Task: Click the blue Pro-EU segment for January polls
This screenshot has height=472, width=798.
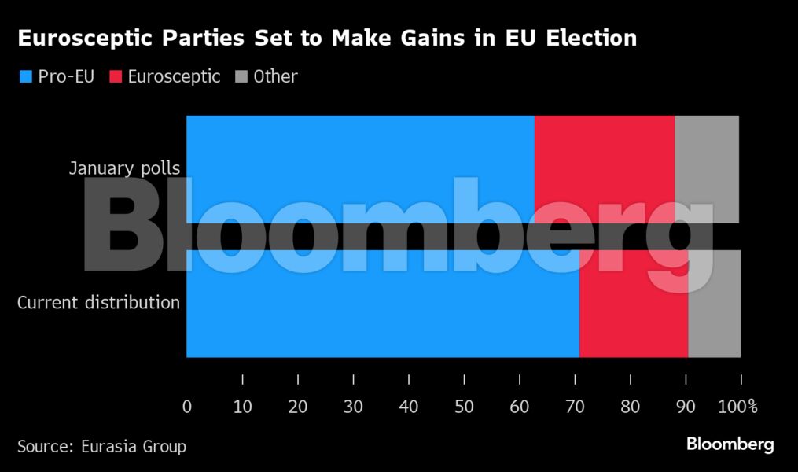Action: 360,149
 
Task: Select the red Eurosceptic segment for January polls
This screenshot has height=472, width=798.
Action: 604,149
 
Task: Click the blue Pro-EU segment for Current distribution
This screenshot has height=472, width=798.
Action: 382,323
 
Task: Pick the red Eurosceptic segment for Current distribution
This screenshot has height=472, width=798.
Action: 633,323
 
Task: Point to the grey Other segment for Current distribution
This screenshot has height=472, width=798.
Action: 714,323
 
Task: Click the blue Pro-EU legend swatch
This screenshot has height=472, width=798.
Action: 25,77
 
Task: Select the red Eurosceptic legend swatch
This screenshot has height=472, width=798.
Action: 115,77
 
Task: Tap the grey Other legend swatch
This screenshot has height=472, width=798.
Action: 241,77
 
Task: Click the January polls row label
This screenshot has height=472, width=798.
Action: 124,168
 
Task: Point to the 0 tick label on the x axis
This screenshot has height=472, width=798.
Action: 187,407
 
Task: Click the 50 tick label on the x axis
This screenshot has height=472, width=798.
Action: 464,407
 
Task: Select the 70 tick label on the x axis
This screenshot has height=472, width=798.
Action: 575,407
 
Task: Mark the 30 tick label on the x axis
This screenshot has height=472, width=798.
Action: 353,407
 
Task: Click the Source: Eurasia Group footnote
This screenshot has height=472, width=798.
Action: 101,447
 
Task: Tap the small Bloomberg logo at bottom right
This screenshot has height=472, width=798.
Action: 730,444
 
